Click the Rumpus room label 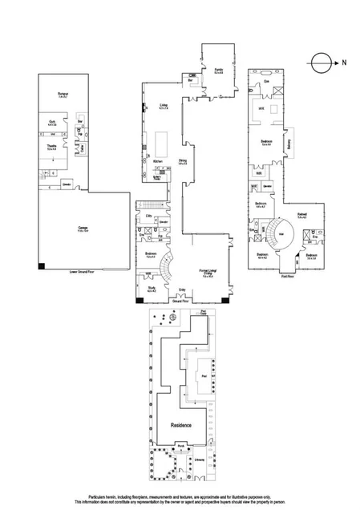pyautogui.click(x=63, y=95)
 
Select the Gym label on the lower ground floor pyautogui.click(x=51, y=123)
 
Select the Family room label pyautogui.click(x=218, y=71)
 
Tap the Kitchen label pyautogui.click(x=157, y=161)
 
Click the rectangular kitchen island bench pyautogui.click(x=160, y=144)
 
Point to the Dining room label pyautogui.click(x=183, y=163)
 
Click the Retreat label pyautogui.click(x=302, y=215)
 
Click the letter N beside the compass pyautogui.click(x=345, y=61)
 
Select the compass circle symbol pyautogui.click(x=321, y=61)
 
